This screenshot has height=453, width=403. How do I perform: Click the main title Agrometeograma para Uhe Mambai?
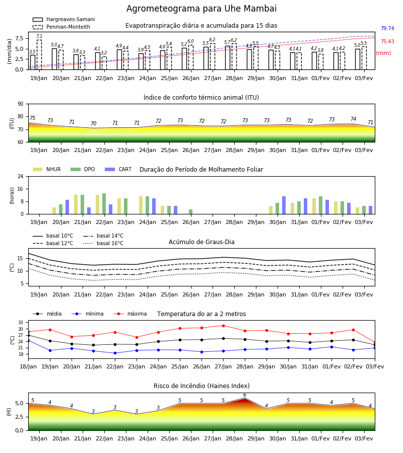coord(201,9)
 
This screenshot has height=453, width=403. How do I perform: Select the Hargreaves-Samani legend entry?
coord(63,19)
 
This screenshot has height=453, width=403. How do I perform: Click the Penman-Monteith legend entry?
coord(61,27)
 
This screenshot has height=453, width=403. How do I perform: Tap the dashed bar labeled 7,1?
coord(39,54)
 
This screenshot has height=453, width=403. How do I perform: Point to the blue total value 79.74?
coord(387,28)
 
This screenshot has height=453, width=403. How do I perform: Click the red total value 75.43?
coord(387,41)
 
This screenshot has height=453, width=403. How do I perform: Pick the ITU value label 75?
coord(32,118)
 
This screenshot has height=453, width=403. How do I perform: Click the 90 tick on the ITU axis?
coord(21,104)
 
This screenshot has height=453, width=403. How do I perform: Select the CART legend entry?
coord(118,169)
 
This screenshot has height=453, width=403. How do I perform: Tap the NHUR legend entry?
coord(47,169)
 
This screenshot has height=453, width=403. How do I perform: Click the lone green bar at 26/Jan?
coord(191,212)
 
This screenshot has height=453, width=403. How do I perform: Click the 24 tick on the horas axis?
coord(21,176)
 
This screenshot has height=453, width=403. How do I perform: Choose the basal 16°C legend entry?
coord(103,243)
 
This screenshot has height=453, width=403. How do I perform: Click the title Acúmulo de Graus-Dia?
coord(201,242)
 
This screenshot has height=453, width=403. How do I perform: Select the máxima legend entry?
coord(130,314)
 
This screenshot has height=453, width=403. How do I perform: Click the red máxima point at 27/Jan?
coord(224,326)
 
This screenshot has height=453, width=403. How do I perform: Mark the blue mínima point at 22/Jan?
coord(115,353)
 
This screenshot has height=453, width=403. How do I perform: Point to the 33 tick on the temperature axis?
coord(21,323)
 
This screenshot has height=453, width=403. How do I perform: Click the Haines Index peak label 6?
coord(245,395)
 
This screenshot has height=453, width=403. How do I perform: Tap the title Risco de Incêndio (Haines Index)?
coord(201,386)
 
